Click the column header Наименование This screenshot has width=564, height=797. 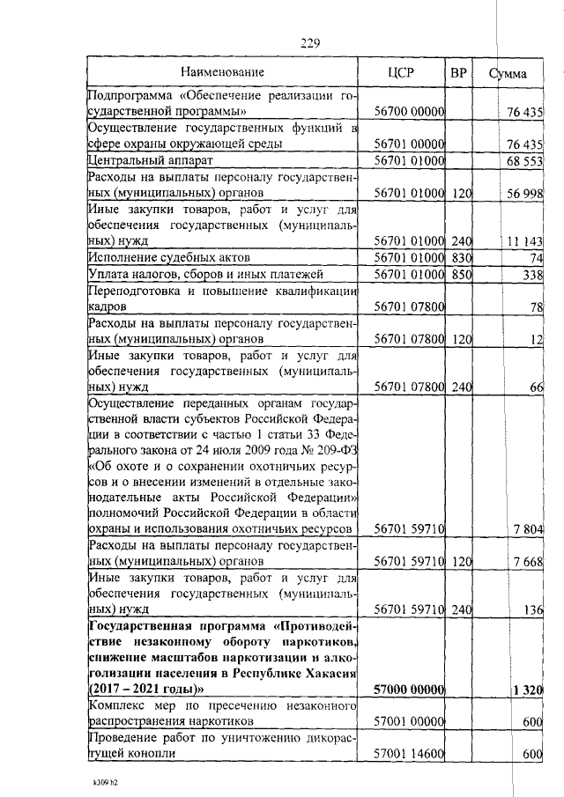221,73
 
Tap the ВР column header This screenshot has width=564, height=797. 458,73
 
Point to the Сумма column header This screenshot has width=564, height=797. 508,74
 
